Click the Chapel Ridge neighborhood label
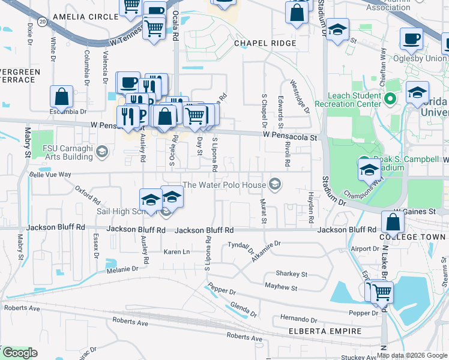pyautogui.click(x=265, y=43)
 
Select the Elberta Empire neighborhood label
pyautogui.click(x=325, y=331)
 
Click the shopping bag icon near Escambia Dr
pyautogui.click(x=61, y=97)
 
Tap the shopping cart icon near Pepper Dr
pyautogui.click(x=382, y=292)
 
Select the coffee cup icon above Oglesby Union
pyautogui.click(x=412, y=39)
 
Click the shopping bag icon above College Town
pyautogui.click(x=392, y=222)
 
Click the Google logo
pyautogui.click(x=19, y=353)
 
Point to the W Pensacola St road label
pyautogui.click(x=290, y=137)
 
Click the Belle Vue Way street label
pyautogui.click(x=50, y=175)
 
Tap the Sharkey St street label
pyautogui.click(x=292, y=274)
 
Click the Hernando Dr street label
pyautogui.click(x=298, y=319)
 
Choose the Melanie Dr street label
pyautogui.click(x=122, y=269)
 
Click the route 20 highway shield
pyautogui.click(x=41, y=21)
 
